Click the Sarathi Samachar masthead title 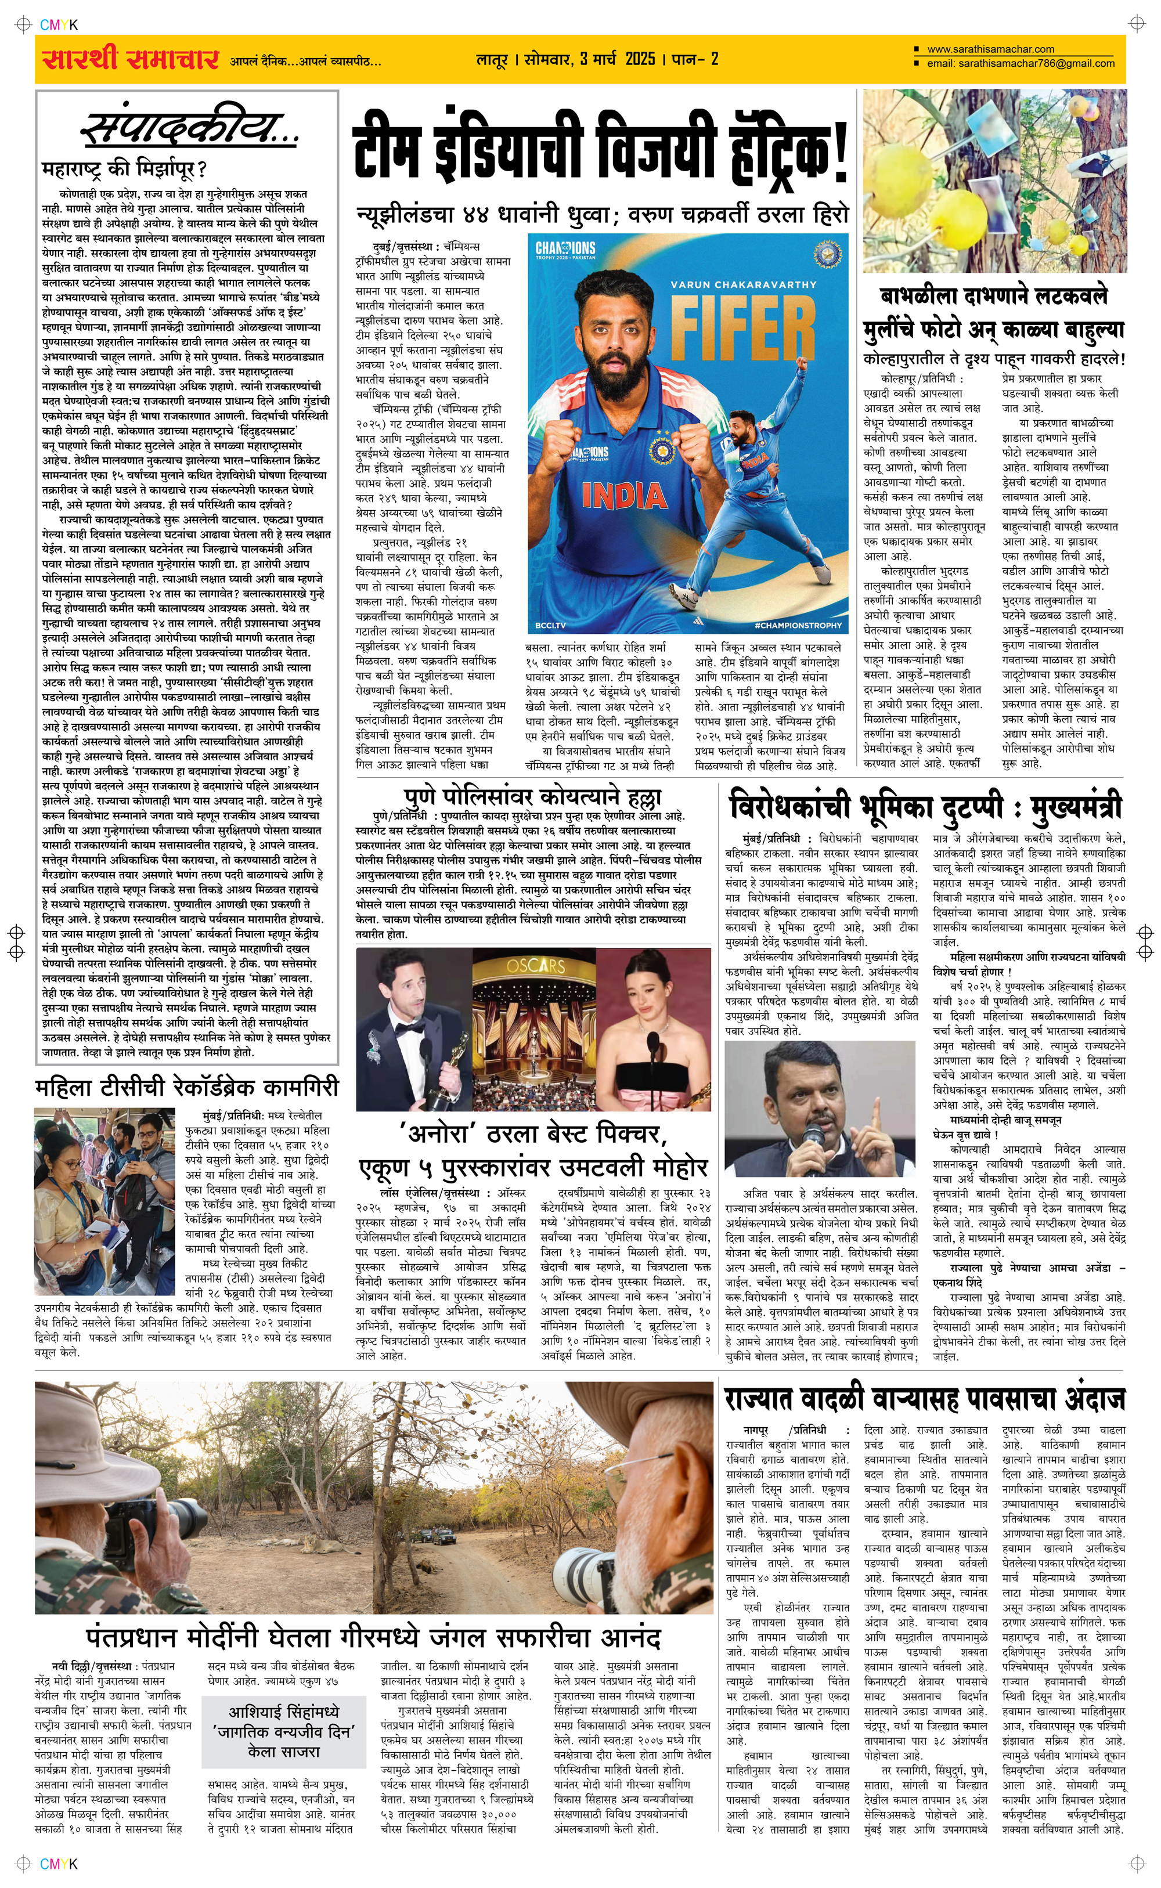[131, 59]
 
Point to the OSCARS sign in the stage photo [535, 964]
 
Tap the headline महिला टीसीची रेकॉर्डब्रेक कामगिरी [186, 1088]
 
